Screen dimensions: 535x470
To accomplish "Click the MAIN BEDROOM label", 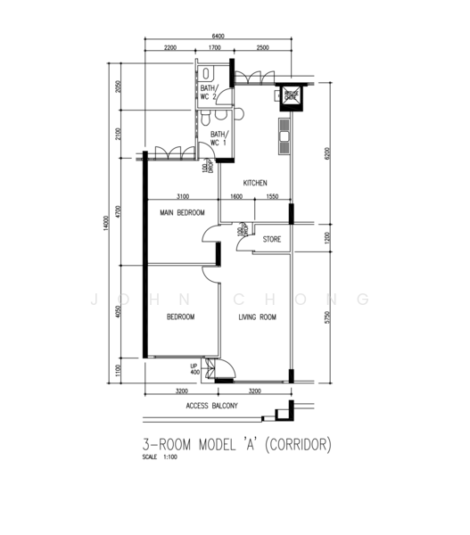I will click(183, 213).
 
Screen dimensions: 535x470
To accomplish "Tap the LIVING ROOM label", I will click(257, 317).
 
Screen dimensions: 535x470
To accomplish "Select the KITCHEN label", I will click(255, 184).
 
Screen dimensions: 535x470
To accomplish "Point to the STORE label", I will click(272, 239).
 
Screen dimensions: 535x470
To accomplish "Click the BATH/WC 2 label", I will click(209, 91).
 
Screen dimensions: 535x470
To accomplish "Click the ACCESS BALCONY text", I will click(211, 406).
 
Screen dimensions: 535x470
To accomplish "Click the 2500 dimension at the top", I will click(262, 47).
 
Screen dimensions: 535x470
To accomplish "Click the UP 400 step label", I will click(194, 368).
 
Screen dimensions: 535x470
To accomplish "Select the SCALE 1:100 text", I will click(161, 457).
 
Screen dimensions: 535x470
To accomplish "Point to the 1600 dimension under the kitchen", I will click(236, 195).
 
